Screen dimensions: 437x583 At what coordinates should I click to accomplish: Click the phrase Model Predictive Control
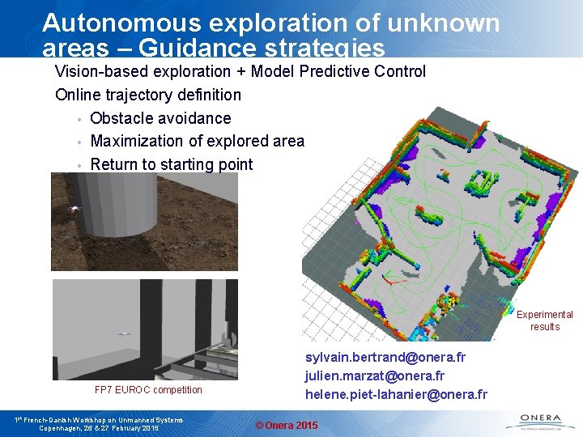338,71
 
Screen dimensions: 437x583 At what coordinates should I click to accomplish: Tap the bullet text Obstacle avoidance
160,118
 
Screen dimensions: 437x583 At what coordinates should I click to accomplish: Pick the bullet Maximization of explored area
197,142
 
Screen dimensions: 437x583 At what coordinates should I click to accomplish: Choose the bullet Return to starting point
172,164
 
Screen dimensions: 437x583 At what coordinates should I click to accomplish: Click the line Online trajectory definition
148,95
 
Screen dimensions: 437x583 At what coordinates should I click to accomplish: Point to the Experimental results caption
544,320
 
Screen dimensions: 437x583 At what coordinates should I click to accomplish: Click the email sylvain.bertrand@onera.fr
385,357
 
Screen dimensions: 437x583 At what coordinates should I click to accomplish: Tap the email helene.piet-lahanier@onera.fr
396,394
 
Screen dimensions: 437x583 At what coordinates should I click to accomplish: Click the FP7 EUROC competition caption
148,390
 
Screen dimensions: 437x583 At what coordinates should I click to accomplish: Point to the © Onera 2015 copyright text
287,426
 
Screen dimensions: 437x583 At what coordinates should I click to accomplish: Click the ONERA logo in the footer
536,420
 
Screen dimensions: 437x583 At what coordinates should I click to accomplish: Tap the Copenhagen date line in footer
99,428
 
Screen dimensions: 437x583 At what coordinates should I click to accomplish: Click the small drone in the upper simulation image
75,209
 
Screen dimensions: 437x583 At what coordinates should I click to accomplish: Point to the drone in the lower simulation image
124,333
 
